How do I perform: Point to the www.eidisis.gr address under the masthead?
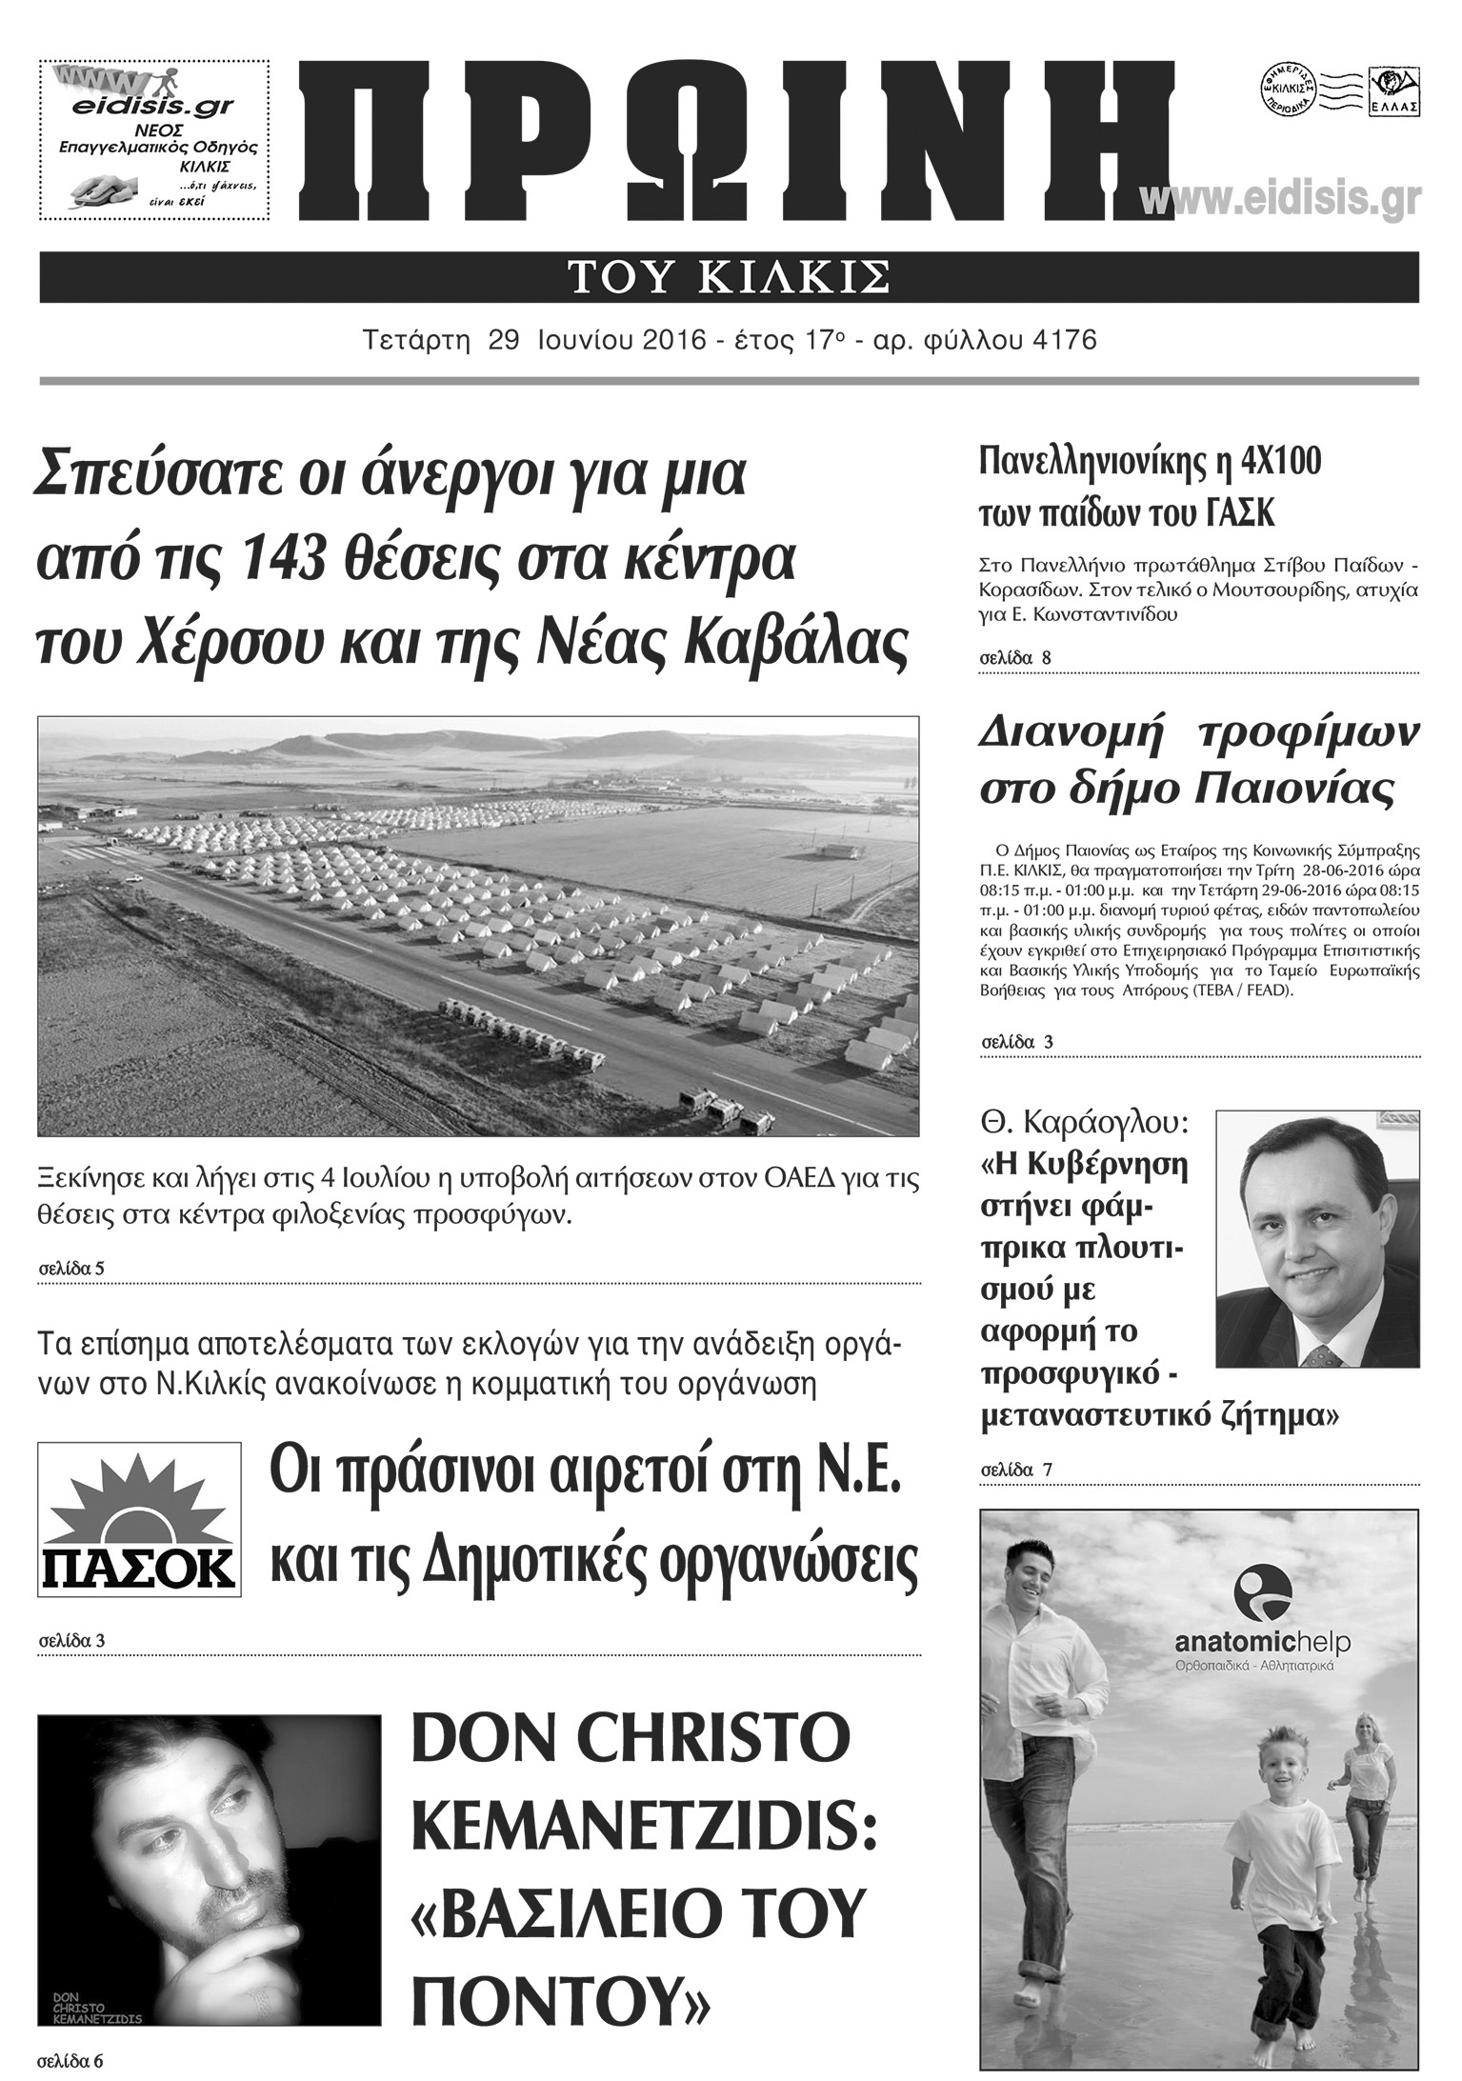tap(1279, 199)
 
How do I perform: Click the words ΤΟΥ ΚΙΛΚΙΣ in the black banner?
tap(729, 277)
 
